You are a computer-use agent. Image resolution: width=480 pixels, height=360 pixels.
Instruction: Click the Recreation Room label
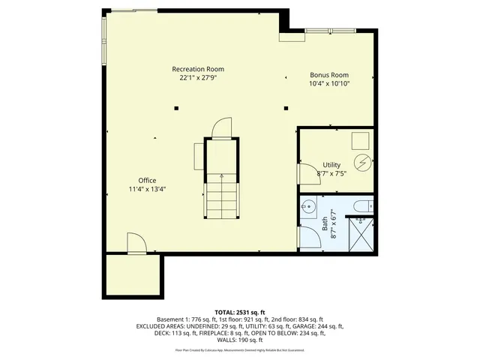pyautogui.click(x=201, y=69)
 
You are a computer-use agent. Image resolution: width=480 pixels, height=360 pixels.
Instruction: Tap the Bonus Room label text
pyautogui.click(x=330, y=75)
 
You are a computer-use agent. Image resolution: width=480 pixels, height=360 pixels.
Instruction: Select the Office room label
pyautogui.click(x=147, y=180)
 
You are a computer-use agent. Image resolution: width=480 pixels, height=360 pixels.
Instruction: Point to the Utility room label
pyautogui.click(x=331, y=164)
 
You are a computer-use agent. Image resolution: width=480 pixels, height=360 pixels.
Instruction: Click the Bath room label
pyautogui.click(x=325, y=223)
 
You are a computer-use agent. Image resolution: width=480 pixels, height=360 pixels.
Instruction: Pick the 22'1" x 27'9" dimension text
pyautogui.click(x=201, y=77)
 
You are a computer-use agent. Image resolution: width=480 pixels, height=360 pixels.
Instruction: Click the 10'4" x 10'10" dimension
pyautogui.click(x=330, y=83)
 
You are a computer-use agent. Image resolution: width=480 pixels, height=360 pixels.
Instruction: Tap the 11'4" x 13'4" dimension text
pyautogui.click(x=147, y=189)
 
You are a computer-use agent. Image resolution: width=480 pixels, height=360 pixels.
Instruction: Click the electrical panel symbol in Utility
pyautogui.click(x=362, y=161)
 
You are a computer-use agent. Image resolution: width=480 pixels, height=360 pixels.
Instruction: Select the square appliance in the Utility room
pyautogui.click(x=361, y=139)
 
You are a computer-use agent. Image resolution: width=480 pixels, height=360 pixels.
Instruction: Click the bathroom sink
pyautogui.click(x=309, y=205)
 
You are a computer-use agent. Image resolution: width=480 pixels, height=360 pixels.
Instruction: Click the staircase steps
pyautogui.click(x=221, y=193)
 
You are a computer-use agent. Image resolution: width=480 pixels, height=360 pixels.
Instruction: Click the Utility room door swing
pyautogui.click(x=307, y=173)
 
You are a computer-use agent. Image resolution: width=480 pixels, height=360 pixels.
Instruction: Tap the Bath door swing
pyautogui.click(x=306, y=236)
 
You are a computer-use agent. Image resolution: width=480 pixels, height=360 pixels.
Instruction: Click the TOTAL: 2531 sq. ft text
pyautogui.click(x=239, y=311)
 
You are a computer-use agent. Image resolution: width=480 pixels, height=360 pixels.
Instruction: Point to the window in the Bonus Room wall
pyautogui.click(x=329, y=30)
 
